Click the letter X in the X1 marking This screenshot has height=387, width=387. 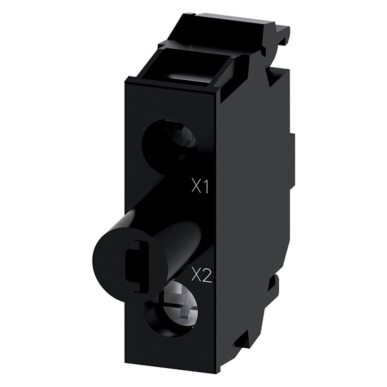[x=196, y=188]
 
